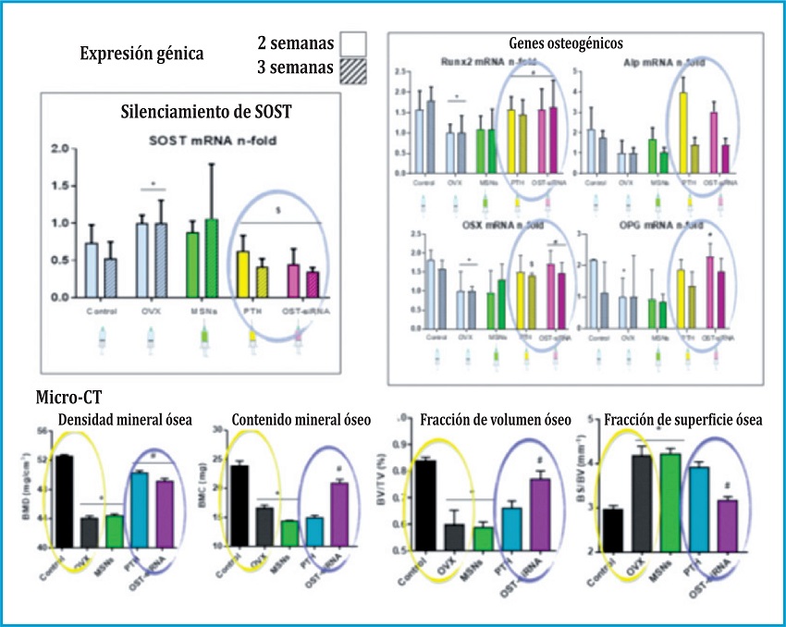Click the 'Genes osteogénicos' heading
click(566, 43)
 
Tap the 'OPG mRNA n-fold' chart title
click(657, 226)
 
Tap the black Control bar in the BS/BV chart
click(612, 529)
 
